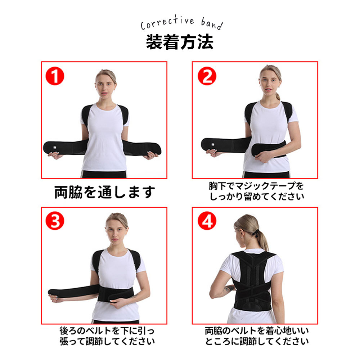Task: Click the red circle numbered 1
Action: tap(55, 76)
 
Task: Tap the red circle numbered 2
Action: tap(207, 76)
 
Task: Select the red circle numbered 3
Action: tap(55, 221)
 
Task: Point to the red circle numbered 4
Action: tap(207, 221)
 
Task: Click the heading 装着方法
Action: tap(180, 42)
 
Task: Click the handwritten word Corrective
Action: tap(167, 22)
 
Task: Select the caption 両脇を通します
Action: tap(104, 192)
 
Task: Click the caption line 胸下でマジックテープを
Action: tap(256, 186)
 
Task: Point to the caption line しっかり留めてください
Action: tap(257, 197)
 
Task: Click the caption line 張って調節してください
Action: tap(107, 341)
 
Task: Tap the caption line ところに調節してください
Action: tap(257, 341)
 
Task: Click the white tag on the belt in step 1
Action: tap(55, 147)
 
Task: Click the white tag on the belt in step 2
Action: tap(213, 144)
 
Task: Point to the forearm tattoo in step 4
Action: tap(228, 289)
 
